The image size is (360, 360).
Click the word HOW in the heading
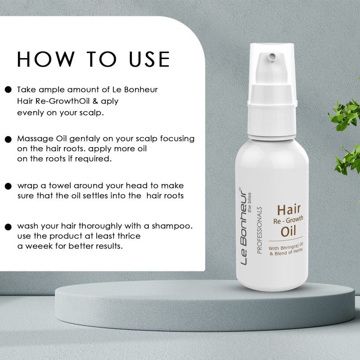click(x=46, y=59)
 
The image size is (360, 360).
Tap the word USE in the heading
click(x=149, y=59)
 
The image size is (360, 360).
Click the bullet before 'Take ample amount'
click(x=8, y=90)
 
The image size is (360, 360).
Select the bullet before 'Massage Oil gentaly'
click(x=8, y=139)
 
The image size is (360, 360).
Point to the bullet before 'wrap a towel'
click(x=8, y=186)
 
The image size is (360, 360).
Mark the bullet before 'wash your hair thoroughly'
click(x=8, y=227)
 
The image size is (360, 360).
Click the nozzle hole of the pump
click(x=272, y=56)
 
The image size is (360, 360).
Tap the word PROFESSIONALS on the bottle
click(x=260, y=230)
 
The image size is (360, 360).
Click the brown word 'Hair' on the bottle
click(x=289, y=210)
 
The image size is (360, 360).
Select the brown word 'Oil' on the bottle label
click(x=288, y=231)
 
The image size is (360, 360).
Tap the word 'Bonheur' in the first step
click(x=141, y=90)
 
